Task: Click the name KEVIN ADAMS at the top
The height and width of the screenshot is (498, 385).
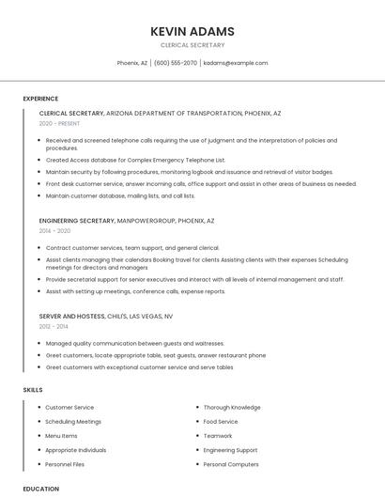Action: point(192,31)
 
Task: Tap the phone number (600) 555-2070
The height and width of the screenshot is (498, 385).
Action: point(176,63)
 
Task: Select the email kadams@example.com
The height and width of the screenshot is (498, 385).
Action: point(236,63)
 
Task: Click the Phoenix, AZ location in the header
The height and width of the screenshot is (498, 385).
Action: point(132,63)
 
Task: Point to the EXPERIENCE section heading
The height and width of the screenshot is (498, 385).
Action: point(40,99)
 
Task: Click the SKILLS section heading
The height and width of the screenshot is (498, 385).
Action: point(33,389)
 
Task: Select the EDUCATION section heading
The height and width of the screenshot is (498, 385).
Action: point(40,489)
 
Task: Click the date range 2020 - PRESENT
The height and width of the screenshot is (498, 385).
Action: point(60,123)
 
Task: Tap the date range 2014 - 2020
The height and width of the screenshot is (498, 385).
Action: point(54,230)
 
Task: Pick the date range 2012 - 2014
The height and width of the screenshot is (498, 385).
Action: point(54,326)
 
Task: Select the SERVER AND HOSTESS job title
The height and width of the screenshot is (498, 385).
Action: point(71,317)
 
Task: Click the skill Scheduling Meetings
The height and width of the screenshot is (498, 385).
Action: point(73,422)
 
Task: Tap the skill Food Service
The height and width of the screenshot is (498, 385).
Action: point(221,422)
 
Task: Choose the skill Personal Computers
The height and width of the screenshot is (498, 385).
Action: point(231,464)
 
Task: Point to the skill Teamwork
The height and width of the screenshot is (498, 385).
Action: point(218,436)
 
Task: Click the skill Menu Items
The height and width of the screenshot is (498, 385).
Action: point(62,436)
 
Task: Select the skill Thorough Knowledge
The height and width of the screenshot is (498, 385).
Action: point(232,408)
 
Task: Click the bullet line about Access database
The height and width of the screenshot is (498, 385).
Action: point(136,160)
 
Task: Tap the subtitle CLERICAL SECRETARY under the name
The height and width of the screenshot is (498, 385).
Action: point(192,45)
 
